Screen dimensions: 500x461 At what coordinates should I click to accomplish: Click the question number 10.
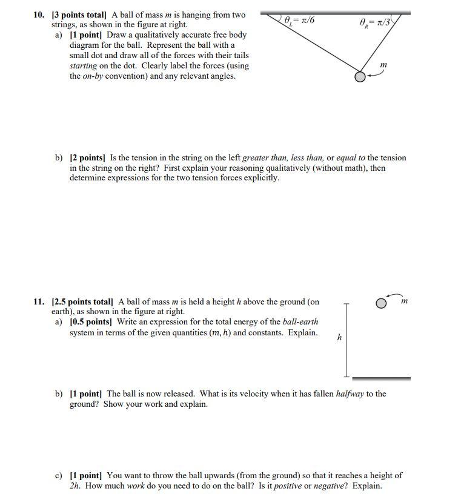pos(39,15)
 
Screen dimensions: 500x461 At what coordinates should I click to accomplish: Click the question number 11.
pos(39,301)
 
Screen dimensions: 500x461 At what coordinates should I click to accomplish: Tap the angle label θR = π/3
pos(376,22)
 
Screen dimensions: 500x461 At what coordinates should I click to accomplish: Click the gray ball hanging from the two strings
pos(360,77)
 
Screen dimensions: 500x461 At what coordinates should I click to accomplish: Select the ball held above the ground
pos(381,303)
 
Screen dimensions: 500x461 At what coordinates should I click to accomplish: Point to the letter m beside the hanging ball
pos(383,65)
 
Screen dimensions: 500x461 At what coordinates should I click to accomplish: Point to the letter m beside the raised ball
pos(405,301)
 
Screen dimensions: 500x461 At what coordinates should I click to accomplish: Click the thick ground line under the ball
pos(381,378)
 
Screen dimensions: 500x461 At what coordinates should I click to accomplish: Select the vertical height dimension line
pos(347,339)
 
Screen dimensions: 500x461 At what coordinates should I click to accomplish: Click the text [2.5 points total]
pos(83,301)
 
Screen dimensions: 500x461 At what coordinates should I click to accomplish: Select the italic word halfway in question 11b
pos(350,394)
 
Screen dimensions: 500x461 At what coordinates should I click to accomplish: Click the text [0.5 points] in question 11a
pos(91,322)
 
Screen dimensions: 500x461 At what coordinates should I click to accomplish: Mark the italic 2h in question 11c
pos(75,485)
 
